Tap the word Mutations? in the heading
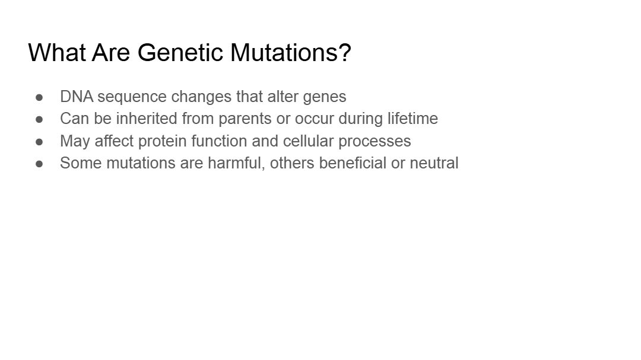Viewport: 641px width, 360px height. click(291, 52)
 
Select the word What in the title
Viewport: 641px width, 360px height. click(57, 52)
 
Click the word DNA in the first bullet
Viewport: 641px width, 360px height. click(77, 97)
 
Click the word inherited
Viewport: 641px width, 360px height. click(147, 119)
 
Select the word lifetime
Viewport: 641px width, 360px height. click(413, 119)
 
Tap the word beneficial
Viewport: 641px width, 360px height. click(353, 163)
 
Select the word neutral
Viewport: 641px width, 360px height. click(434, 163)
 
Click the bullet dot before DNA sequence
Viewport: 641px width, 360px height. click(39, 97)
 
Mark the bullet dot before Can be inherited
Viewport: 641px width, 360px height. click(39, 119)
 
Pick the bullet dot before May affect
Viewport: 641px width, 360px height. click(39, 141)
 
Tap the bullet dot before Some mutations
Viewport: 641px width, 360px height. click(39, 164)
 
